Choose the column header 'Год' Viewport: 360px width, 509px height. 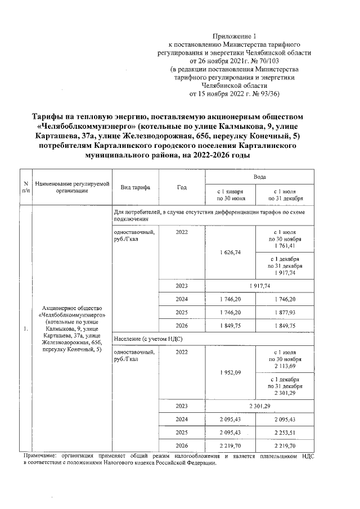(182, 187)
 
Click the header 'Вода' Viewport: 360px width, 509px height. (259, 177)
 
